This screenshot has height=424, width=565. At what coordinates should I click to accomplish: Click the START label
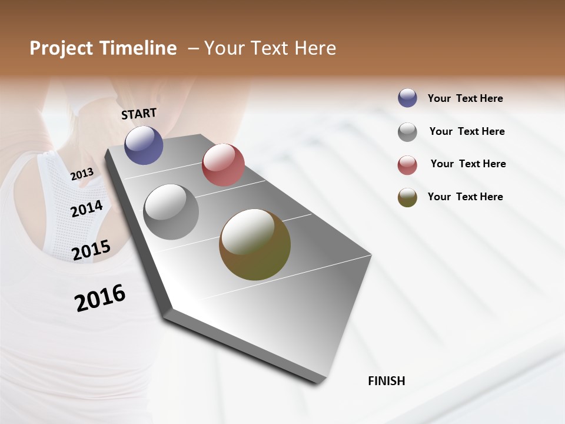pyautogui.click(x=139, y=114)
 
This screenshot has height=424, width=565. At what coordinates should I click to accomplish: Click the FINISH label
pyautogui.click(x=386, y=381)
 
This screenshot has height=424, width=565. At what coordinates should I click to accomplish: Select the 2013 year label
pyautogui.click(x=82, y=174)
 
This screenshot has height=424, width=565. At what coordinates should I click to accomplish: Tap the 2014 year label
pyautogui.click(x=87, y=208)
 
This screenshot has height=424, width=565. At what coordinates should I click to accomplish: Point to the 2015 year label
pyautogui.click(x=91, y=250)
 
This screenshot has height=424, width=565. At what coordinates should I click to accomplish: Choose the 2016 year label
pyautogui.click(x=100, y=297)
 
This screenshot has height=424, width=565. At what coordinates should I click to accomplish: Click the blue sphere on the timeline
pyautogui.click(x=144, y=145)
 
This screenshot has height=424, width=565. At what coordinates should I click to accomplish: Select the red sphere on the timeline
pyautogui.click(x=223, y=165)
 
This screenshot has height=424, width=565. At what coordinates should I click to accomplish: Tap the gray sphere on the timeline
pyautogui.click(x=171, y=212)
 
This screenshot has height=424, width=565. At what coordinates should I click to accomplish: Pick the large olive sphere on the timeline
pyautogui.click(x=255, y=244)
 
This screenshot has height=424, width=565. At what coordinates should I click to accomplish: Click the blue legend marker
pyautogui.click(x=407, y=98)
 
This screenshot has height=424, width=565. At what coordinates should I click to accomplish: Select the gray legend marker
pyautogui.click(x=407, y=132)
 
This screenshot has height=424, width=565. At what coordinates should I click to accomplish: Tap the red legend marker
pyautogui.click(x=407, y=165)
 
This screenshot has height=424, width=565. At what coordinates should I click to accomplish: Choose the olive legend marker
pyautogui.click(x=407, y=197)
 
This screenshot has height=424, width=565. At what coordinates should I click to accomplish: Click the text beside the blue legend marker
pyautogui.click(x=465, y=98)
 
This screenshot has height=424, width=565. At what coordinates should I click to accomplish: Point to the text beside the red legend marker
pyautogui.click(x=468, y=164)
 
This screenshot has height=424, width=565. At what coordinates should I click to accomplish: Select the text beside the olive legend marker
pyautogui.click(x=465, y=197)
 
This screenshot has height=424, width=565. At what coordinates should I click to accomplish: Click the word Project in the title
pyautogui.click(x=62, y=48)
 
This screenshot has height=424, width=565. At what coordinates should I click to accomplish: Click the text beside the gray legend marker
pyautogui.click(x=467, y=131)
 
